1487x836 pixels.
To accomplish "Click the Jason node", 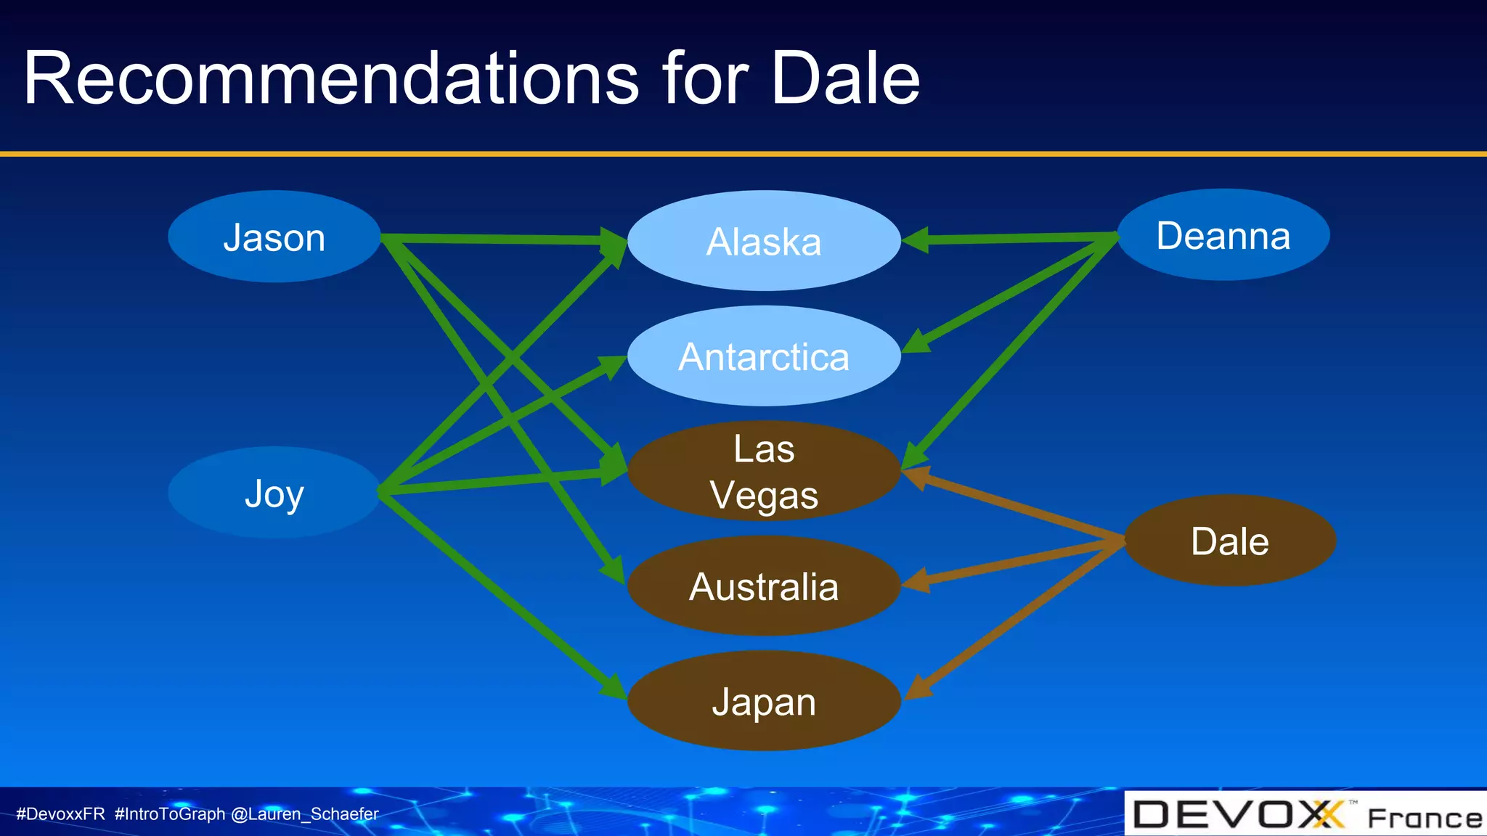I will tap(274, 237).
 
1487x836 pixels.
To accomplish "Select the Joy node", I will tap(274, 493).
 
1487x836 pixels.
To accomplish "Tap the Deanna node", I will tap(1223, 235).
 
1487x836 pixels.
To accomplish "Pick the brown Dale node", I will tap(1230, 541).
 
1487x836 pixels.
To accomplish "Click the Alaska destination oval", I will tap(764, 241).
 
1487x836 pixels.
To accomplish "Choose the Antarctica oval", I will tap(764, 356).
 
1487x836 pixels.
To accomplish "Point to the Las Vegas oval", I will tap(764, 471).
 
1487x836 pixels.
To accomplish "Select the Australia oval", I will tap(764, 586).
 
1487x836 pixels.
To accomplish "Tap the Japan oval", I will tap(764, 701).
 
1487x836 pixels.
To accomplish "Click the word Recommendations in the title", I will tap(331, 78).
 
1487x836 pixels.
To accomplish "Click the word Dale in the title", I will tap(845, 78).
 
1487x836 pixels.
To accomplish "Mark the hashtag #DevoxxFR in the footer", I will tap(61, 814).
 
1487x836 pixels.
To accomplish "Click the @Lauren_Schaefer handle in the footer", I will tap(305, 814).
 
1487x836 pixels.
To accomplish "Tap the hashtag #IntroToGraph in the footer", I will tap(170, 814).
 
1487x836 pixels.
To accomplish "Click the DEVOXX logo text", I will tap(1238, 815).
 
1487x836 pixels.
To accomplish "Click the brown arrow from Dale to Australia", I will tap(1017, 562).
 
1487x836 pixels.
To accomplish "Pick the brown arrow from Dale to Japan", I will tap(1017, 618).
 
